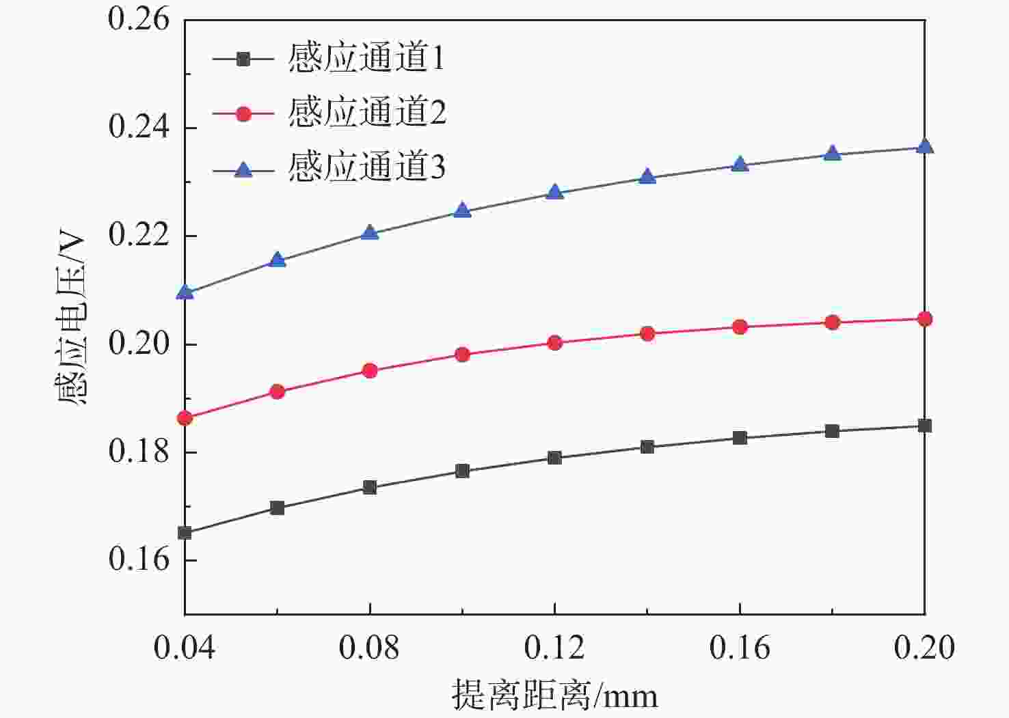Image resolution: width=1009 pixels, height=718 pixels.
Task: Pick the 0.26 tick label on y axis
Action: pyautogui.click(x=139, y=20)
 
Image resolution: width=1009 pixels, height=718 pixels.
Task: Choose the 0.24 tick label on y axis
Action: pyautogui.click(x=139, y=128)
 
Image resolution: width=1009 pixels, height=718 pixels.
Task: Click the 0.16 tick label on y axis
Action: pyautogui.click(x=139, y=560)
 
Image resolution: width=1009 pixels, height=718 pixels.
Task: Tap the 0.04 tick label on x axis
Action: pyautogui.click(x=185, y=647)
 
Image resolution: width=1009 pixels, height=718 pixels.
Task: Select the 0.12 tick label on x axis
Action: pyautogui.click(x=554, y=647)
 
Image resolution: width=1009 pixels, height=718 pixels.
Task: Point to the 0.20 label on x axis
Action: pyautogui.click(x=924, y=647)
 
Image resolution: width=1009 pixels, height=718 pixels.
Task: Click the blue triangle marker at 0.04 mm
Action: pyautogui.click(x=185, y=292)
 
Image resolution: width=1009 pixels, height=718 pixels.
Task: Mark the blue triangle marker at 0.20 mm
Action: pyautogui.click(x=924, y=146)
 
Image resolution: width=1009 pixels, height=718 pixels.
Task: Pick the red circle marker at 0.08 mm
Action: pyautogui.click(x=370, y=371)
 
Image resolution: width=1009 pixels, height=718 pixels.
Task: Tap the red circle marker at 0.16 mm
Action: pyautogui.click(x=740, y=327)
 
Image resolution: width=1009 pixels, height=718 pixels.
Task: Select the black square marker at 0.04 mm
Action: pyautogui.click(x=185, y=533)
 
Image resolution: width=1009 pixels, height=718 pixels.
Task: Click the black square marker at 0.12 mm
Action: pyautogui.click(x=554, y=458)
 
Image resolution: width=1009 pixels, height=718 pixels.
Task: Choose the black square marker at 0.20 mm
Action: pyautogui.click(x=924, y=426)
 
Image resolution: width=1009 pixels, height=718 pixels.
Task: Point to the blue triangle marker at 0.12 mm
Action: pyautogui.click(x=554, y=192)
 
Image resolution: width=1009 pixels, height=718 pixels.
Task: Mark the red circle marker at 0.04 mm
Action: pyautogui.click(x=185, y=418)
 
